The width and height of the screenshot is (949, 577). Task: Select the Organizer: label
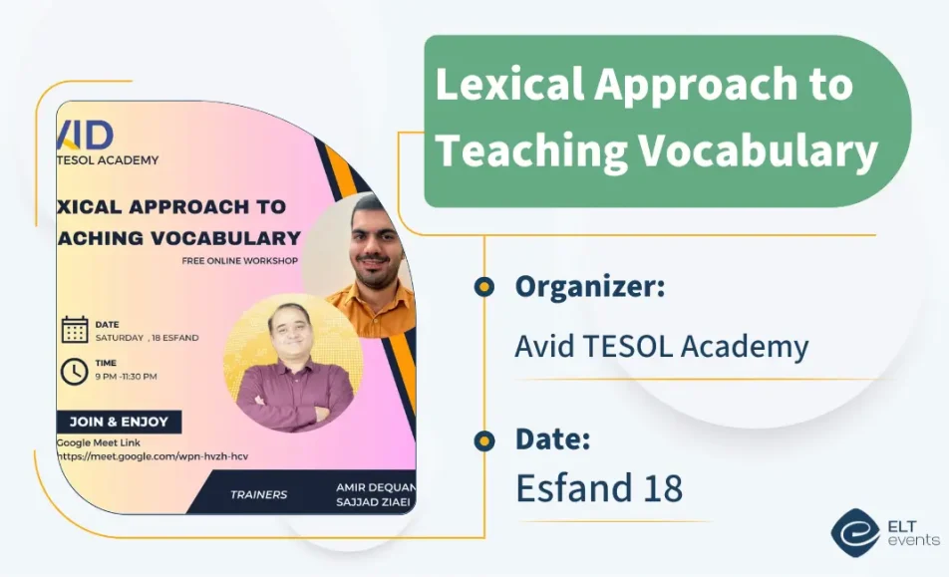click(x=590, y=287)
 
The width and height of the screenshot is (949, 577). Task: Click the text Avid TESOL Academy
click(x=661, y=346)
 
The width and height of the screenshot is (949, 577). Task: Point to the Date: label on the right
click(x=553, y=438)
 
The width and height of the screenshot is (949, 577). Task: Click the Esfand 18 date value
click(x=598, y=488)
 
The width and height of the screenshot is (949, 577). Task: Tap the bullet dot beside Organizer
click(x=484, y=287)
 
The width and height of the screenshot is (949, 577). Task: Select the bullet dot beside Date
click(x=484, y=439)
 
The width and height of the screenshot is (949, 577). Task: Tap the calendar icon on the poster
click(x=75, y=330)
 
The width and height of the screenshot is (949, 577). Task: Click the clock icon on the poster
click(x=75, y=371)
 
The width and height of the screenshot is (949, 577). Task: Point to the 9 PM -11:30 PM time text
click(x=126, y=377)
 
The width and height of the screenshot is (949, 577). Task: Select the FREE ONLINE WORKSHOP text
click(x=239, y=261)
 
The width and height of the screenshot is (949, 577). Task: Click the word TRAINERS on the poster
click(x=258, y=494)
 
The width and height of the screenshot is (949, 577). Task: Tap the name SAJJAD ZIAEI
click(x=374, y=504)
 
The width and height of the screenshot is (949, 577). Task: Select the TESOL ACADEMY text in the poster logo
click(x=109, y=159)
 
